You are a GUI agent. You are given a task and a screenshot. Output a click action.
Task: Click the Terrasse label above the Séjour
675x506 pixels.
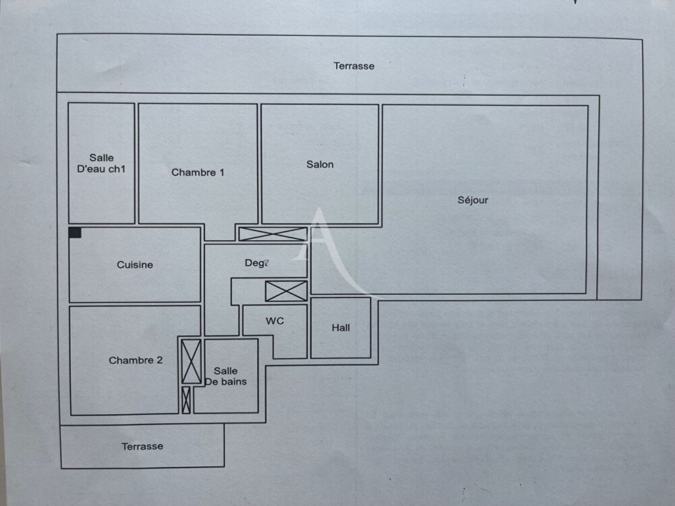[x=354, y=66]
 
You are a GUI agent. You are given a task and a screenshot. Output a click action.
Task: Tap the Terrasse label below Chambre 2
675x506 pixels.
[x=142, y=447]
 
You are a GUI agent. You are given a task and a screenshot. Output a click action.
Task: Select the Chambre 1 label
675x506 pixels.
[x=198, y=173]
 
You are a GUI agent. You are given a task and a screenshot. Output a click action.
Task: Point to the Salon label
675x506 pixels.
[x=320, y=165]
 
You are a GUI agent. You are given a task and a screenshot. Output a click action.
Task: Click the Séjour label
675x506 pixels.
[x=473, y=200]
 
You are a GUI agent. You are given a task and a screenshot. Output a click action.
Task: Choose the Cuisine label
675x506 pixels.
[x=135, y=265]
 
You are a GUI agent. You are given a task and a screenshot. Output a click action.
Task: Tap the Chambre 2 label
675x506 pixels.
[x=136, y=361]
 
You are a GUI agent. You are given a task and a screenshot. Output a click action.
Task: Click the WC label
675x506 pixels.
[x=275, y=321]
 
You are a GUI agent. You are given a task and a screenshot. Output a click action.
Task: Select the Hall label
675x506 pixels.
[x=341, y=328]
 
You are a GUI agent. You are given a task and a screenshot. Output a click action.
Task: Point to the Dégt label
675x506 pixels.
[x=256, y=263]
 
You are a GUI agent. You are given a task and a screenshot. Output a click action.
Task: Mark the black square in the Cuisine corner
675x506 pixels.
[x=75, y=233]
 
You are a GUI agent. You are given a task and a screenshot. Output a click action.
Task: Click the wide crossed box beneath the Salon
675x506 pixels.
[x=273, y=234]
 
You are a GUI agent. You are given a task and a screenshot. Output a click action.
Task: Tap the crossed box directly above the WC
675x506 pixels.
[x=286, y=291]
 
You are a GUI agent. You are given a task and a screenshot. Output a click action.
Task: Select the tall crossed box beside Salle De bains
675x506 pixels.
[x=192, y=362]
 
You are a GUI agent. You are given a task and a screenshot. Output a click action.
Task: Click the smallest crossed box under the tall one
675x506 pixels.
[x=186, y=400]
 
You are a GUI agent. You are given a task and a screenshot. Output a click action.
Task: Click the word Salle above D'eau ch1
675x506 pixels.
[x=101, y=159]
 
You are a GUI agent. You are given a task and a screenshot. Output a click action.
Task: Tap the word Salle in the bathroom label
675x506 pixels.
[x=225, y=371]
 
